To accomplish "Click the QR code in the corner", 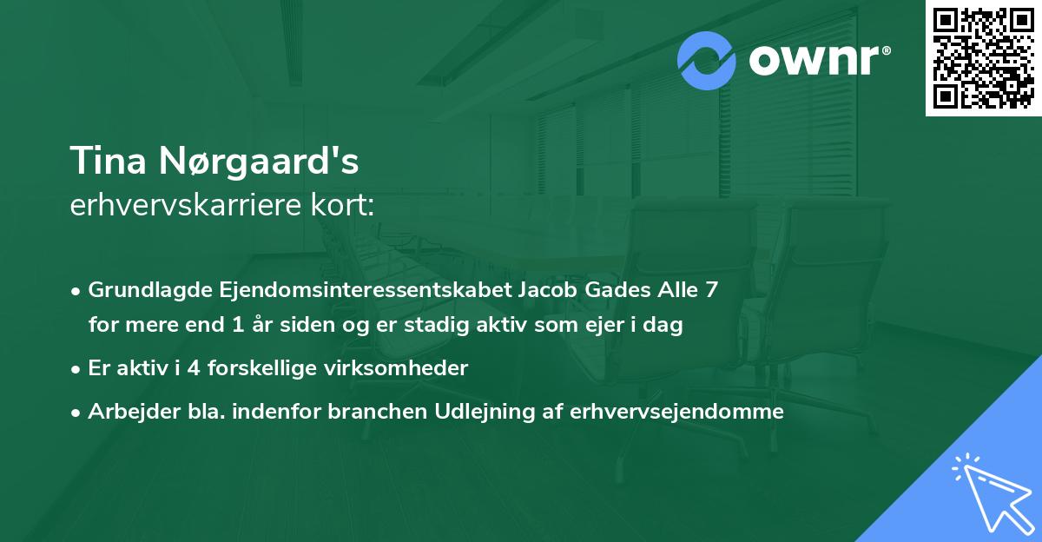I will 984,58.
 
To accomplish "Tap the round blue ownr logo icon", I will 707,60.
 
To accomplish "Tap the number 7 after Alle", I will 711,289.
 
